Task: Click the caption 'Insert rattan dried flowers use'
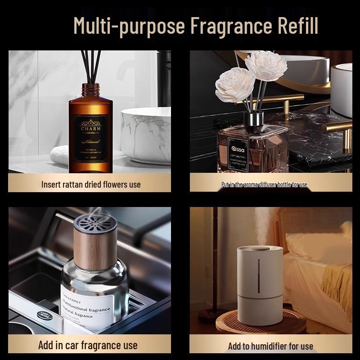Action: click(x=90, y=184)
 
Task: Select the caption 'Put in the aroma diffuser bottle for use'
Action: click(x=264, y=184)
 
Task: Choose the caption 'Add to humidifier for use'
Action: click(x=270, y=346)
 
